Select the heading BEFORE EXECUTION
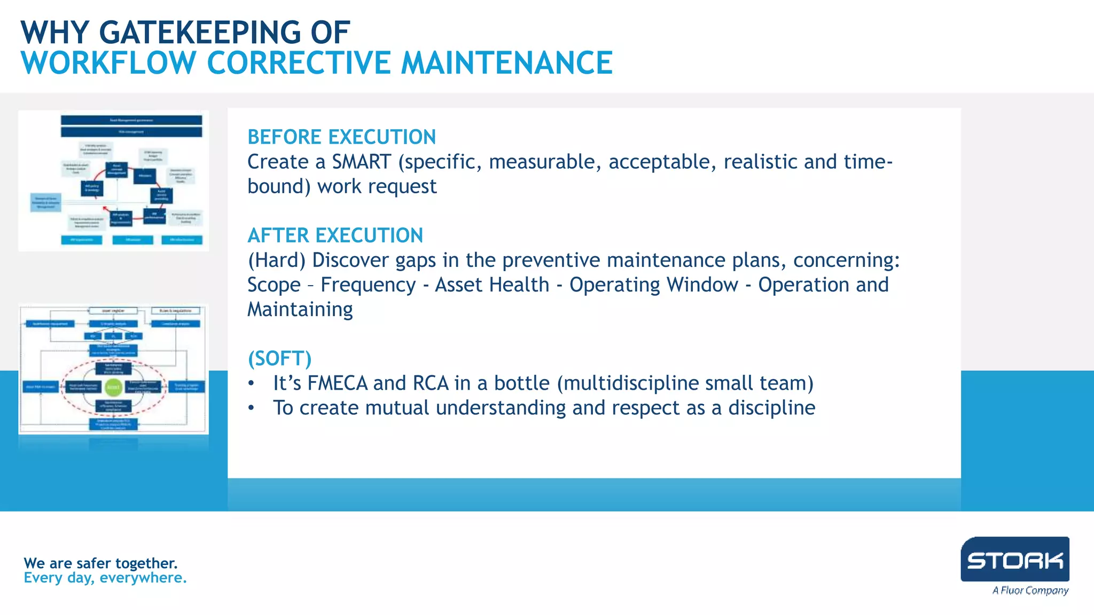click(341, 137)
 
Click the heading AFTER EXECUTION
click(335, 235)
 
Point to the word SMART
click(361, 162)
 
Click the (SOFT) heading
click(279, 359)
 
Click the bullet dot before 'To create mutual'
click(251, 408)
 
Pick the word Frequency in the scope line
click(368, 285)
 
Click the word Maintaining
click(300, 310)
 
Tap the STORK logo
click(1014, 559)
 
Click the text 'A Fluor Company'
click(1030, 590)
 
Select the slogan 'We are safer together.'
click(100, 563)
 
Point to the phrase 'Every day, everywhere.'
click(105, 578)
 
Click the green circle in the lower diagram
click(113, 387)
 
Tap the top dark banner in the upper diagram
click(131, 120)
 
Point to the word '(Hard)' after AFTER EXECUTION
click(277, 261)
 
